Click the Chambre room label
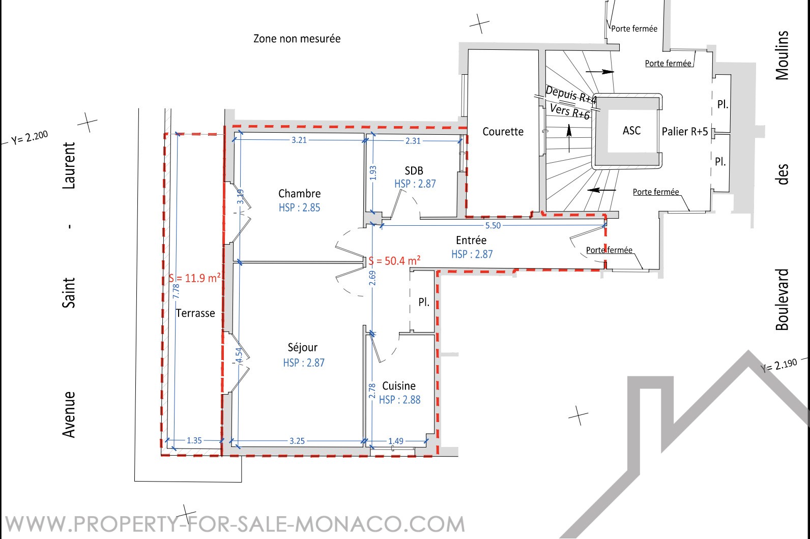coord(299,194)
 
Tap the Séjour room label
coord(303,347)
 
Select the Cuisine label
coord(399,386)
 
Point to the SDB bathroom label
coord(414,171)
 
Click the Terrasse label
coord(195,313)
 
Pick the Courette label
coord(503,132)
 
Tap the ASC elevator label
coord(632,131)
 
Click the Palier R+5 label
coord(685,131)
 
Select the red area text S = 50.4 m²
coord(394,261)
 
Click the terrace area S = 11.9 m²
coord(194,278)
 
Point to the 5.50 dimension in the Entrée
coord(493,226)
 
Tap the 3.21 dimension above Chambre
coord(299,140)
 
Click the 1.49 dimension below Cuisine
coord(396,441)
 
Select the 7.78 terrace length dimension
coord(176,291)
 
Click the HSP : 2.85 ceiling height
coord(299,208)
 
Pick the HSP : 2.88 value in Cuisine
coord(399,400)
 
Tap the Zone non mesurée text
coord(297,39)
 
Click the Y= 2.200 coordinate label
coord(30,137)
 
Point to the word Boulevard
coord(782,300)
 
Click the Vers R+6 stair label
coord(570,111)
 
